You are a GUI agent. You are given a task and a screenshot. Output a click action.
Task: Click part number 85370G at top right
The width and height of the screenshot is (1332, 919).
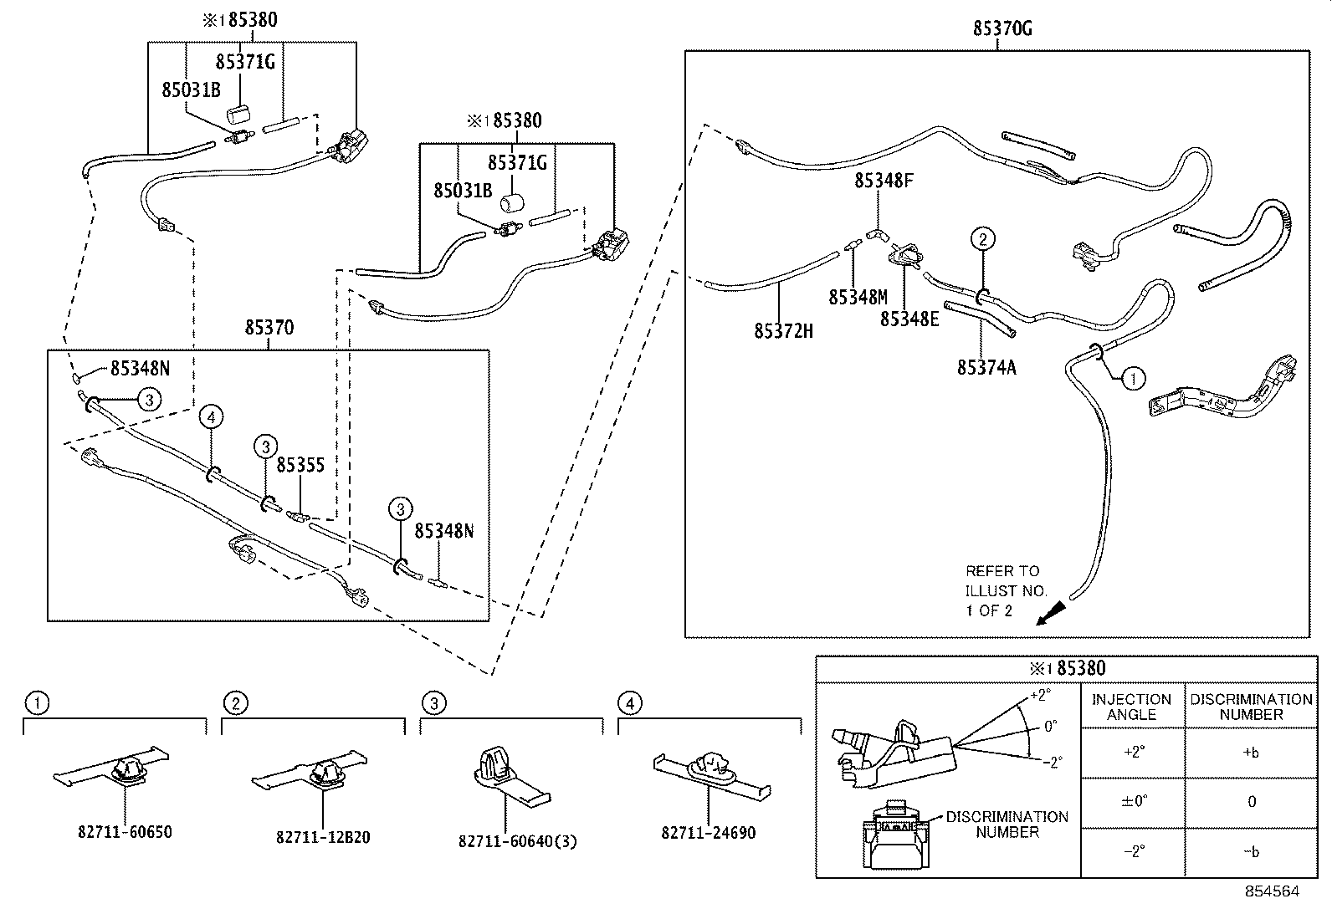[1002, 28]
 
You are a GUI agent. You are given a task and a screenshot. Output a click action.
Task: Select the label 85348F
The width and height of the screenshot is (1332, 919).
[883, 180]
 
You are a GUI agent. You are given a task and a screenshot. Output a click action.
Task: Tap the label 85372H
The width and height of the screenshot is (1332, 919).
[783, 331]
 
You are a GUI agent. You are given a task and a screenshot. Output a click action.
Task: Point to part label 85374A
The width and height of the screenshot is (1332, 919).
[986, 367]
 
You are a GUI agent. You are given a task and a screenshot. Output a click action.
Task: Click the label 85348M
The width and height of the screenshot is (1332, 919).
[858, 297]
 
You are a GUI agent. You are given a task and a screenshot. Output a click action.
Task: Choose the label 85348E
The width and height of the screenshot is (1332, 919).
[909, 319]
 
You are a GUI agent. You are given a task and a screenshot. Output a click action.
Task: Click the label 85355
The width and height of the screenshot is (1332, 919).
[300, 465]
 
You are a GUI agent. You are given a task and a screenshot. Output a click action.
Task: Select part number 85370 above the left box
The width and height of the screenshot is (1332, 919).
[269, 327]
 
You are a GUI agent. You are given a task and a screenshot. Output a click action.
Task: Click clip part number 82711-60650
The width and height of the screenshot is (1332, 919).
[125, 833]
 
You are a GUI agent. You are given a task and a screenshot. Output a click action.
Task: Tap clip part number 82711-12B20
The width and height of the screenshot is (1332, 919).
[323, 837]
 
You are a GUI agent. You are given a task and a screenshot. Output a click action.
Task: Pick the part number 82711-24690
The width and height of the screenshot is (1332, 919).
[708, 834]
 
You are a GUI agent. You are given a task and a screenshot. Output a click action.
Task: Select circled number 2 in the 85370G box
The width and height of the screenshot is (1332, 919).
[982, 239]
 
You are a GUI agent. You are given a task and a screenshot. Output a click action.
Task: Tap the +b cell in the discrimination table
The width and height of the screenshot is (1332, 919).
[1251, 752]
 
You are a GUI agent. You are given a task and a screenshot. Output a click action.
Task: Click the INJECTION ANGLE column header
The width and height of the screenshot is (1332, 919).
[1131, 707]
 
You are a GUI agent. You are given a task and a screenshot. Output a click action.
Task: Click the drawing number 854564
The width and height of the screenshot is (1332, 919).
[1272, 891]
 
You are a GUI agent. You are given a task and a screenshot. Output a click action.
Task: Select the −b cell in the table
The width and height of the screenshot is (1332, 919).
[1251, 851]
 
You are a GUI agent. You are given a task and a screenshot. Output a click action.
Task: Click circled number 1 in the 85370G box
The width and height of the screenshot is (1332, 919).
[1133, 379]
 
